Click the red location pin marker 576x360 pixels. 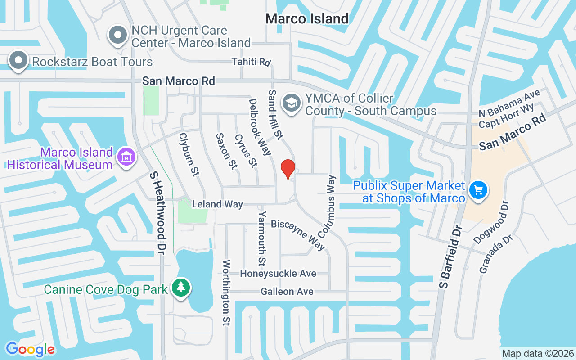[x=288, y=169]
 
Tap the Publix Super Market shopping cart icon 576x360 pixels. [x=478, y=190]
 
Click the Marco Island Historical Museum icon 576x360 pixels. [x=126, y=157]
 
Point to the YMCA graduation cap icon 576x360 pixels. [x=292, y=103]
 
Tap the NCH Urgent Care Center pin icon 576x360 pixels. [x=118, y=35]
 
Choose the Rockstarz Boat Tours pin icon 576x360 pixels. [x=18, y=61]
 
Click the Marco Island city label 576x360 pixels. [x=307, y=18]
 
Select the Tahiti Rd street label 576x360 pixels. [x=251, y=61]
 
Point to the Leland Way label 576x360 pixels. [x=217, y=204]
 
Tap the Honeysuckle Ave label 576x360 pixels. [x=278, y=273]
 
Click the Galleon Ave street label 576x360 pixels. [x=287, y=292]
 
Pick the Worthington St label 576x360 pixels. [x=226, y=292]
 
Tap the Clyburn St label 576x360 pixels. [x=189, y=154]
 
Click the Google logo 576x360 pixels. [x=30, y=349]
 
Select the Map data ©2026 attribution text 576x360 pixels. [x=538, y=353]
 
